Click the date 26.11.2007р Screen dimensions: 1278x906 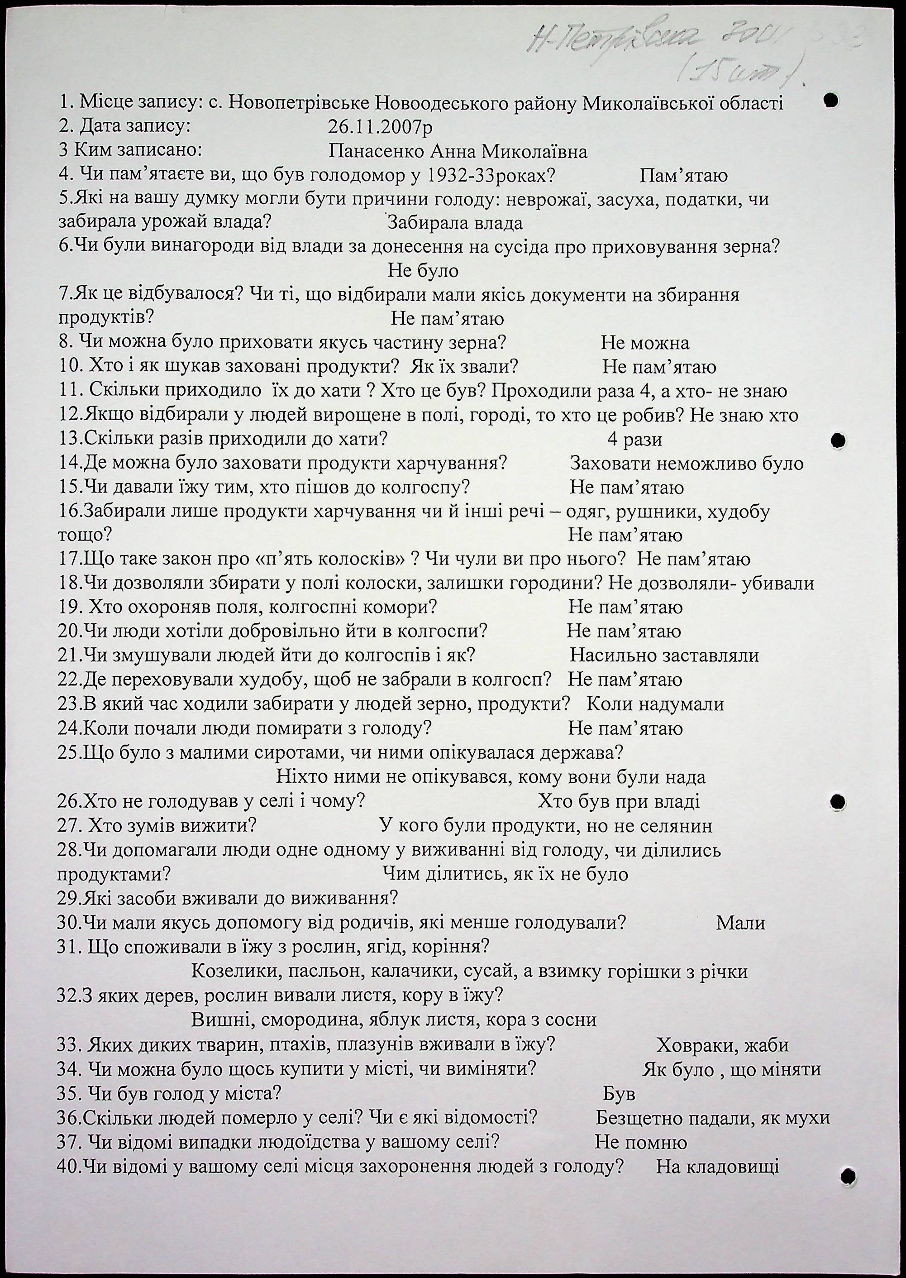380,127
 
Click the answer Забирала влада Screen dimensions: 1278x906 455,223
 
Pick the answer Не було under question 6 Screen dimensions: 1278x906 422,271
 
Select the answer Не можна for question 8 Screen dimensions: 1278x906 644,343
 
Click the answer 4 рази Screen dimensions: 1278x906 634,439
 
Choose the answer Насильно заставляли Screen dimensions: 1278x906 664,655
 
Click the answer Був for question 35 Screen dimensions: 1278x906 619,1093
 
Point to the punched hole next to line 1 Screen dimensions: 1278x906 831,100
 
